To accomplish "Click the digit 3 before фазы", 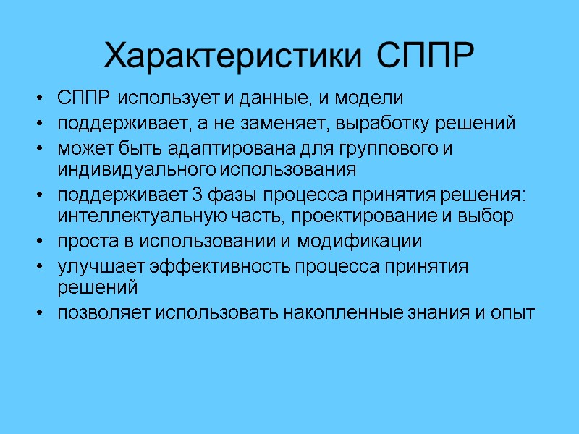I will [198, 196].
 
